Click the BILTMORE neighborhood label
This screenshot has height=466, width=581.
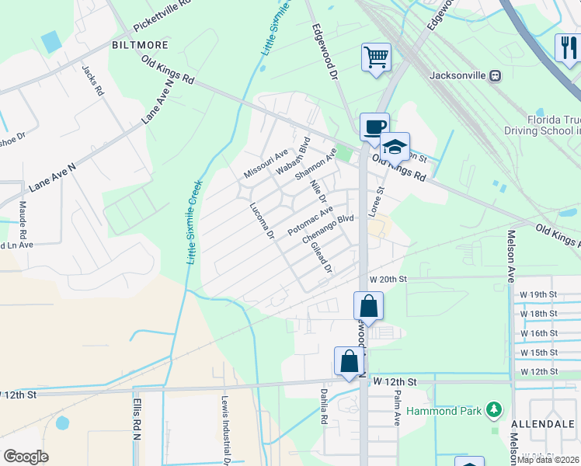click(x=139, y=46)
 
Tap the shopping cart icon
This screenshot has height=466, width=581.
click(x=376, y=57)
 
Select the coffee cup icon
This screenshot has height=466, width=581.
click(x=374, y=127)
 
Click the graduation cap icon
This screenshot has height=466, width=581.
click(x=395, y=145)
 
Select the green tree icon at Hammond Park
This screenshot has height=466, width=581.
click(x=492, y=409)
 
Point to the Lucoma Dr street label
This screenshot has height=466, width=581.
click(x=263, y=221)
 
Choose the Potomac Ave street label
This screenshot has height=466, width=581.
click(x=310, y=221)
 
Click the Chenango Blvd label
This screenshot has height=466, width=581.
click(x=328, y=228)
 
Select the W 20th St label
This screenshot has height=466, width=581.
click(x=388, y=279)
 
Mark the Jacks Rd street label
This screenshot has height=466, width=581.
click(x=92, y=79)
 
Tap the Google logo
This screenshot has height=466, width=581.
click(x=26, y=457)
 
